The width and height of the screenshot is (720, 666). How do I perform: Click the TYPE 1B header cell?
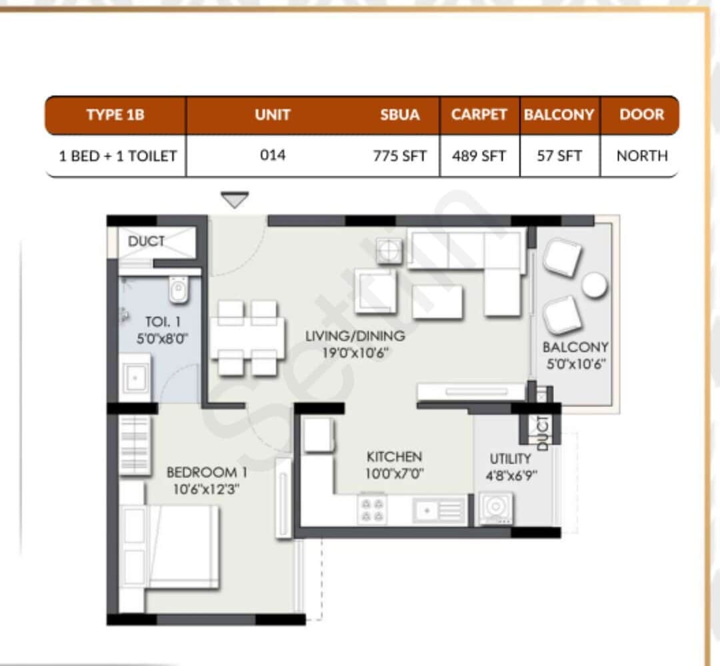[115, 115]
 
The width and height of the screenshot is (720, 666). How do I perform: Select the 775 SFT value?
[399, 156]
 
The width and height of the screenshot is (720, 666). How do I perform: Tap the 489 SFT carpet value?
[479, 156]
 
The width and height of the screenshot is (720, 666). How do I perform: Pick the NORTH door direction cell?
[641, 156]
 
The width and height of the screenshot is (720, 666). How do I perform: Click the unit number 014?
[272, 155]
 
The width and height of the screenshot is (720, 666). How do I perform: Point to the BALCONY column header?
[559, 115]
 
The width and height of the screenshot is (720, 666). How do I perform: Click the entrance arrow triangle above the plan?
[234, 199]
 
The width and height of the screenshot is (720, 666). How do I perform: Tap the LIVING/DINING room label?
[355, 336]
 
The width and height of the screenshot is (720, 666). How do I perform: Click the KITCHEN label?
[394, 457]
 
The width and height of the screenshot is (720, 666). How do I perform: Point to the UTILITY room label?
[510, 459]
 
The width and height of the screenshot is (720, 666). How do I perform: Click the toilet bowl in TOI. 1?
[179, 290]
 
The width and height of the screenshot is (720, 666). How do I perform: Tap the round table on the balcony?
[594, 285]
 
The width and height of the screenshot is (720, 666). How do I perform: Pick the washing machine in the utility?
[495, 508]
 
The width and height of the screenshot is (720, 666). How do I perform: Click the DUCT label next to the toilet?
[146, 241]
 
